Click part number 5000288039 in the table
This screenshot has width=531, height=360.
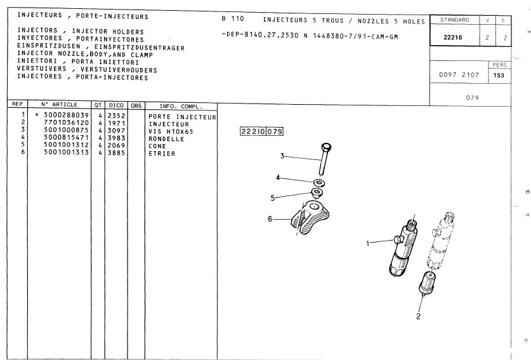click(x=66, y=116)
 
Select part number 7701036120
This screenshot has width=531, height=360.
click(x=66, y=123)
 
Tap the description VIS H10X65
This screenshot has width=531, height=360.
click(x=171, y=131)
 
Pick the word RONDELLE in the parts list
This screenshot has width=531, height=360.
click(x=166, y=139)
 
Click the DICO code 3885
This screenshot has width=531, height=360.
click(x=117, y=153)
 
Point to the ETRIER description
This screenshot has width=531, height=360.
click(x=162, y=154)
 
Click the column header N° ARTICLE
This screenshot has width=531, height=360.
click(x=59, y=104)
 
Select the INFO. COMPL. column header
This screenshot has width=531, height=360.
click(x=181, y=107)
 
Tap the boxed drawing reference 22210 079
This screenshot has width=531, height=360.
click(x=261, y=131)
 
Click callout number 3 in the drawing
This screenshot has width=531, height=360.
click(x=282, y=156)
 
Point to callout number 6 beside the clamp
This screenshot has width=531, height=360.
click(x=270, y=219)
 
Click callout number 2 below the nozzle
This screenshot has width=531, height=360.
click(x=418, y=316)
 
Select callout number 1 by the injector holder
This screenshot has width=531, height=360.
click(x=368, y=243)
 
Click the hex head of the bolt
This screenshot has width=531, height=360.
click(x=326, y=147)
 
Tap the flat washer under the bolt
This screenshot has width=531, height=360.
click(x=319, y=183)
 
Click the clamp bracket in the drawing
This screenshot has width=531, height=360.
click(x=310, y=217)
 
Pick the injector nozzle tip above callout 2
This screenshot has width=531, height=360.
click(x=427, y=283)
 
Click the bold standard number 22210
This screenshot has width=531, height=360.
click(x=453, y=37)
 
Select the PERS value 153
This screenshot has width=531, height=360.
click(x=499, y=76)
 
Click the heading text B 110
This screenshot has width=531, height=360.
click(x=233, y=18)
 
